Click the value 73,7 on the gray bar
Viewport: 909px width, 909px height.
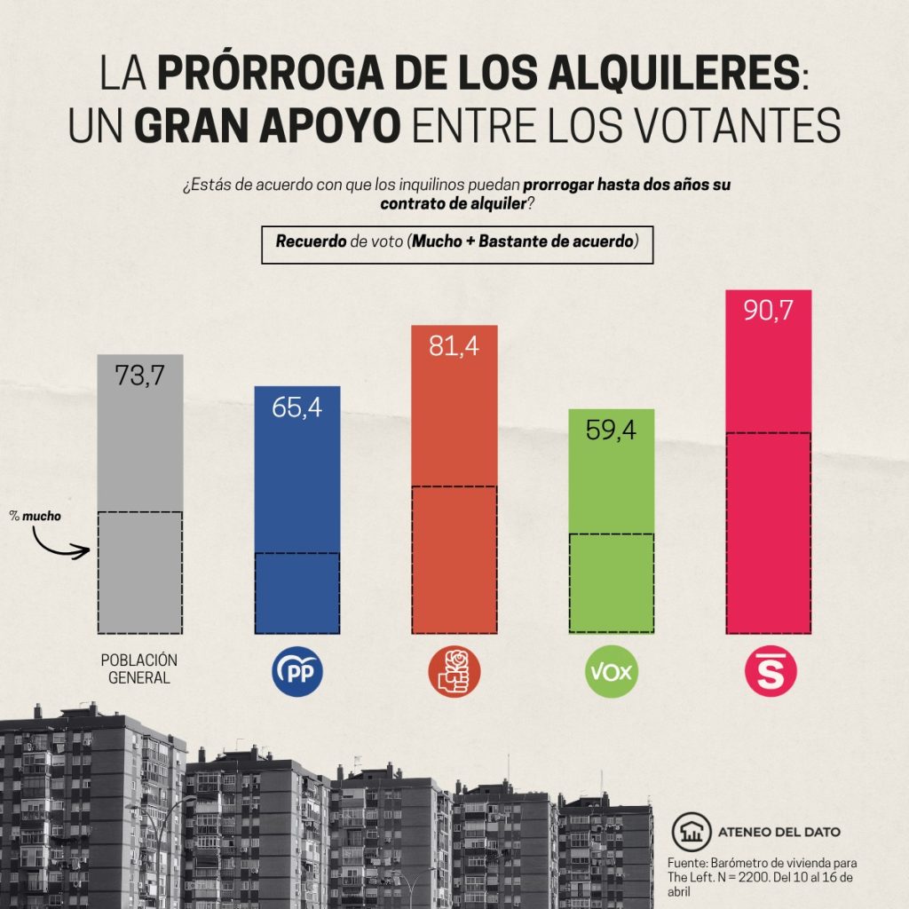click(140, 375)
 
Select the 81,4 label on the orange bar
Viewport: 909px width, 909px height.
click(454, 345)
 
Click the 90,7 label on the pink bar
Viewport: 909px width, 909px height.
click(768, 311)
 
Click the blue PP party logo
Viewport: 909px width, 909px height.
click(296, 674)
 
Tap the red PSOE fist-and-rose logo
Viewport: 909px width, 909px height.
click(454, 673)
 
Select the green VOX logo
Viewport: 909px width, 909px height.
click(612, 673)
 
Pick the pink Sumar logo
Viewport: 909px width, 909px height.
click(770, 672)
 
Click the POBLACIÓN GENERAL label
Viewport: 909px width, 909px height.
click(139, 669)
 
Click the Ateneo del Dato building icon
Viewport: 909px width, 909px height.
click(690, 832)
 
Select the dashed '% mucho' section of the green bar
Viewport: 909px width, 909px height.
click(612, 583)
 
